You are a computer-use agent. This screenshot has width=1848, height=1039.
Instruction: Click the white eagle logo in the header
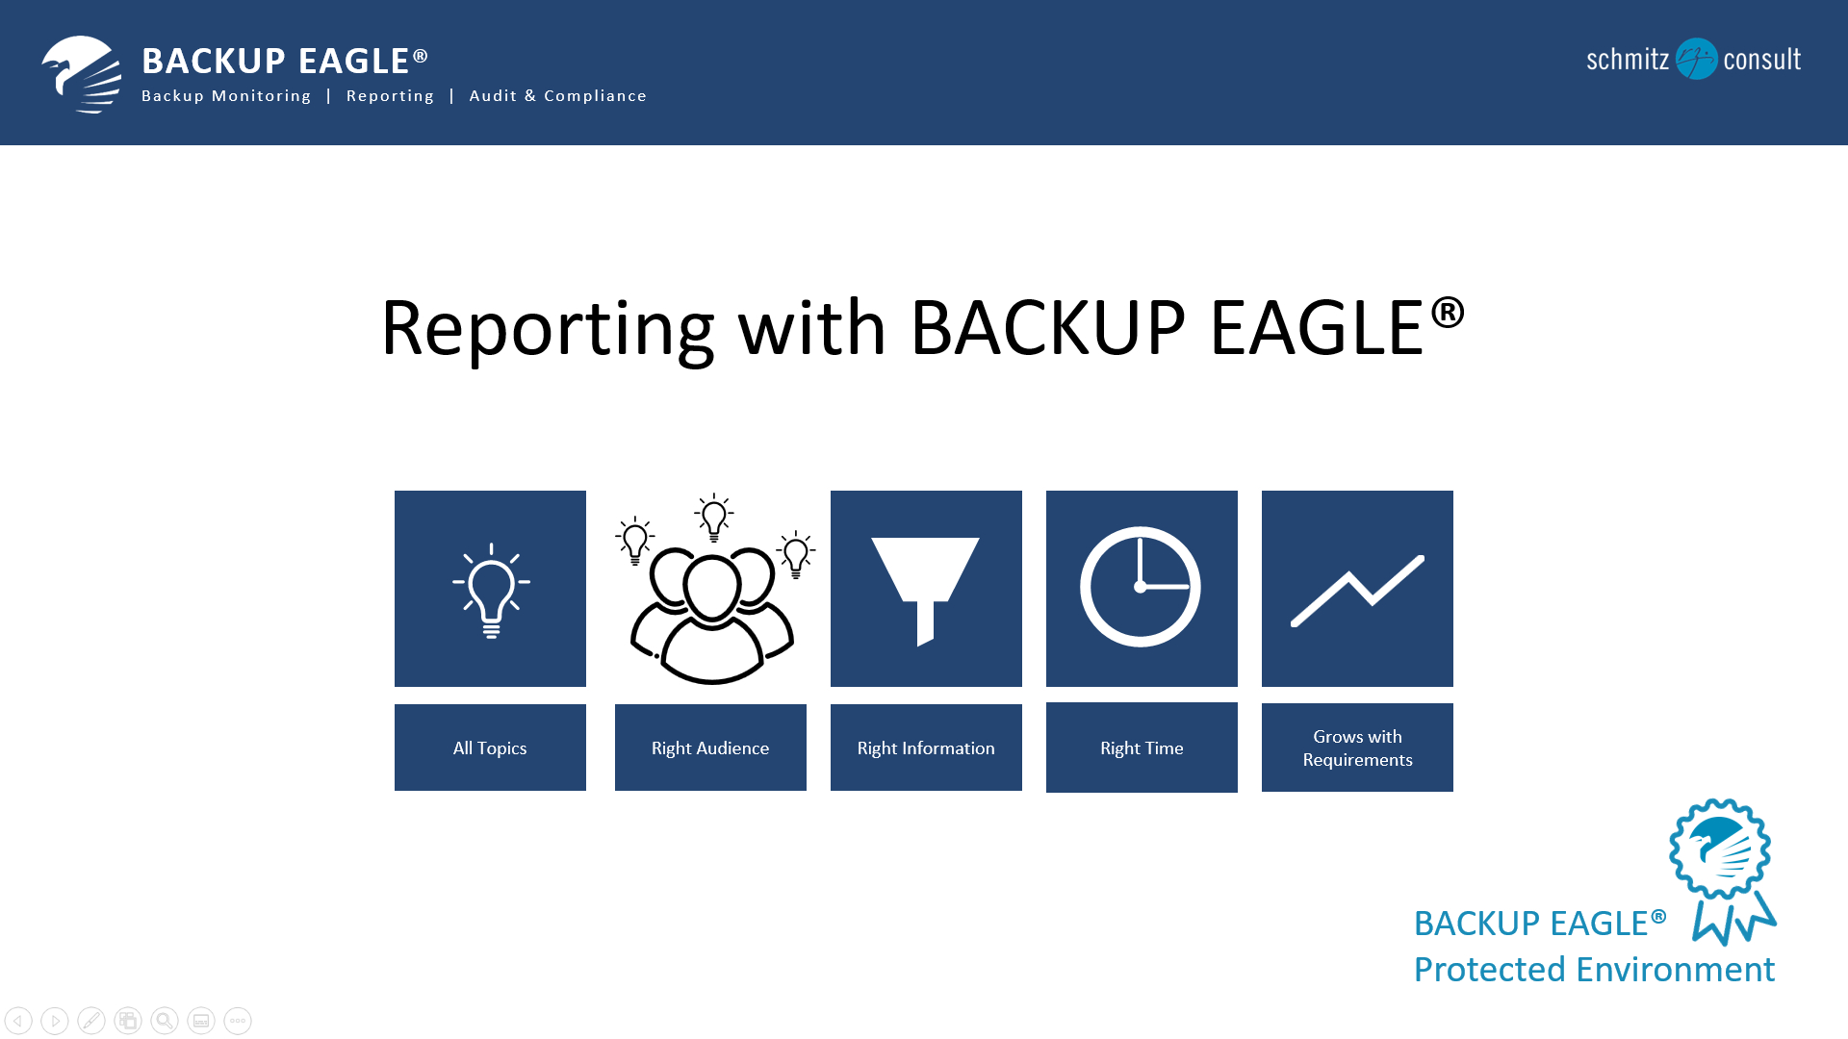[82, 74]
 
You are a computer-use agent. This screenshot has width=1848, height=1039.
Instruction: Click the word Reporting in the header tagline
[390, 96]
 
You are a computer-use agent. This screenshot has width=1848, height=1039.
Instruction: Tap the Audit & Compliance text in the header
[557, 96]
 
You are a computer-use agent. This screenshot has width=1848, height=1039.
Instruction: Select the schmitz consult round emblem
[1696, 59]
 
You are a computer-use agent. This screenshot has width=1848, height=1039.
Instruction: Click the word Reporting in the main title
[547, 330]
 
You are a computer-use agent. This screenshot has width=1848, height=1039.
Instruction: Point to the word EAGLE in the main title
[1317, 328]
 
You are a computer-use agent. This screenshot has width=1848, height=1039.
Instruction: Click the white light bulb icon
[491, 590]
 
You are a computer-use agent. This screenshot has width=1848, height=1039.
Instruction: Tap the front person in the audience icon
[712, 621]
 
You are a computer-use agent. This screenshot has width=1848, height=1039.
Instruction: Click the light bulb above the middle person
[714, 518]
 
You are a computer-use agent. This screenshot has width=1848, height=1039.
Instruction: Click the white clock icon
[1141, 587]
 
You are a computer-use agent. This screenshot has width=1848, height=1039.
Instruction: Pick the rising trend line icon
[1357, 591]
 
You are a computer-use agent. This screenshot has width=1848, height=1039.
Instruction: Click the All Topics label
[490, 748]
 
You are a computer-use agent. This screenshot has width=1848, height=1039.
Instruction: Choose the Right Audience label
[710, 748]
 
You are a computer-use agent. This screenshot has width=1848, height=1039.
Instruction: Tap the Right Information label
[926, 748]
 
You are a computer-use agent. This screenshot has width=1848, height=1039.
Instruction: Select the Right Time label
[1142, 748]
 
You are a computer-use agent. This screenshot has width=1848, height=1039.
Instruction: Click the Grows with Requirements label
[1357, 748]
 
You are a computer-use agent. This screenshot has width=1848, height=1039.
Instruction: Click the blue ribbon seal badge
[1723, 871]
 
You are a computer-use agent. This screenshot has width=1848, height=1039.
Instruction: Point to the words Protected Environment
[1594, 970]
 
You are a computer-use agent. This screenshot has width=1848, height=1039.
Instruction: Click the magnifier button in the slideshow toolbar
[165, 1021]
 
